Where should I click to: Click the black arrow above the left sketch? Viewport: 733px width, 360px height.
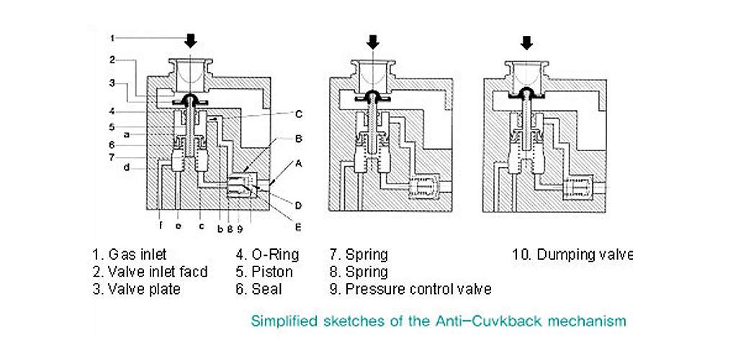[x=190, y=40]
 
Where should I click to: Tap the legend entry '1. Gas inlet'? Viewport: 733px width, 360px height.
[x=129, y=254]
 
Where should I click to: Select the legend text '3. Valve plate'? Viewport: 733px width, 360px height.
[x=136, y=289]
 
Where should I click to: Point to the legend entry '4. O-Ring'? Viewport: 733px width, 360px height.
[x=267, y=254]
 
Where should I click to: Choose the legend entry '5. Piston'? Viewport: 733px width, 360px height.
[x=264, y=271]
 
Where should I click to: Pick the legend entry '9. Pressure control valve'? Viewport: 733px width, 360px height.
[x=410, y=289]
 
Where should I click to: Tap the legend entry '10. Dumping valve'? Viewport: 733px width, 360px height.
[x=572, y=254]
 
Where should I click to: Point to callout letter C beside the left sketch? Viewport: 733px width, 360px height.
[x=297, y=114]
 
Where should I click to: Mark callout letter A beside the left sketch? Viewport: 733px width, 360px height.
[x=298, y=163]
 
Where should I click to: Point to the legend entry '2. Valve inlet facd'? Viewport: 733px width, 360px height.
[x=150, y=271]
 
